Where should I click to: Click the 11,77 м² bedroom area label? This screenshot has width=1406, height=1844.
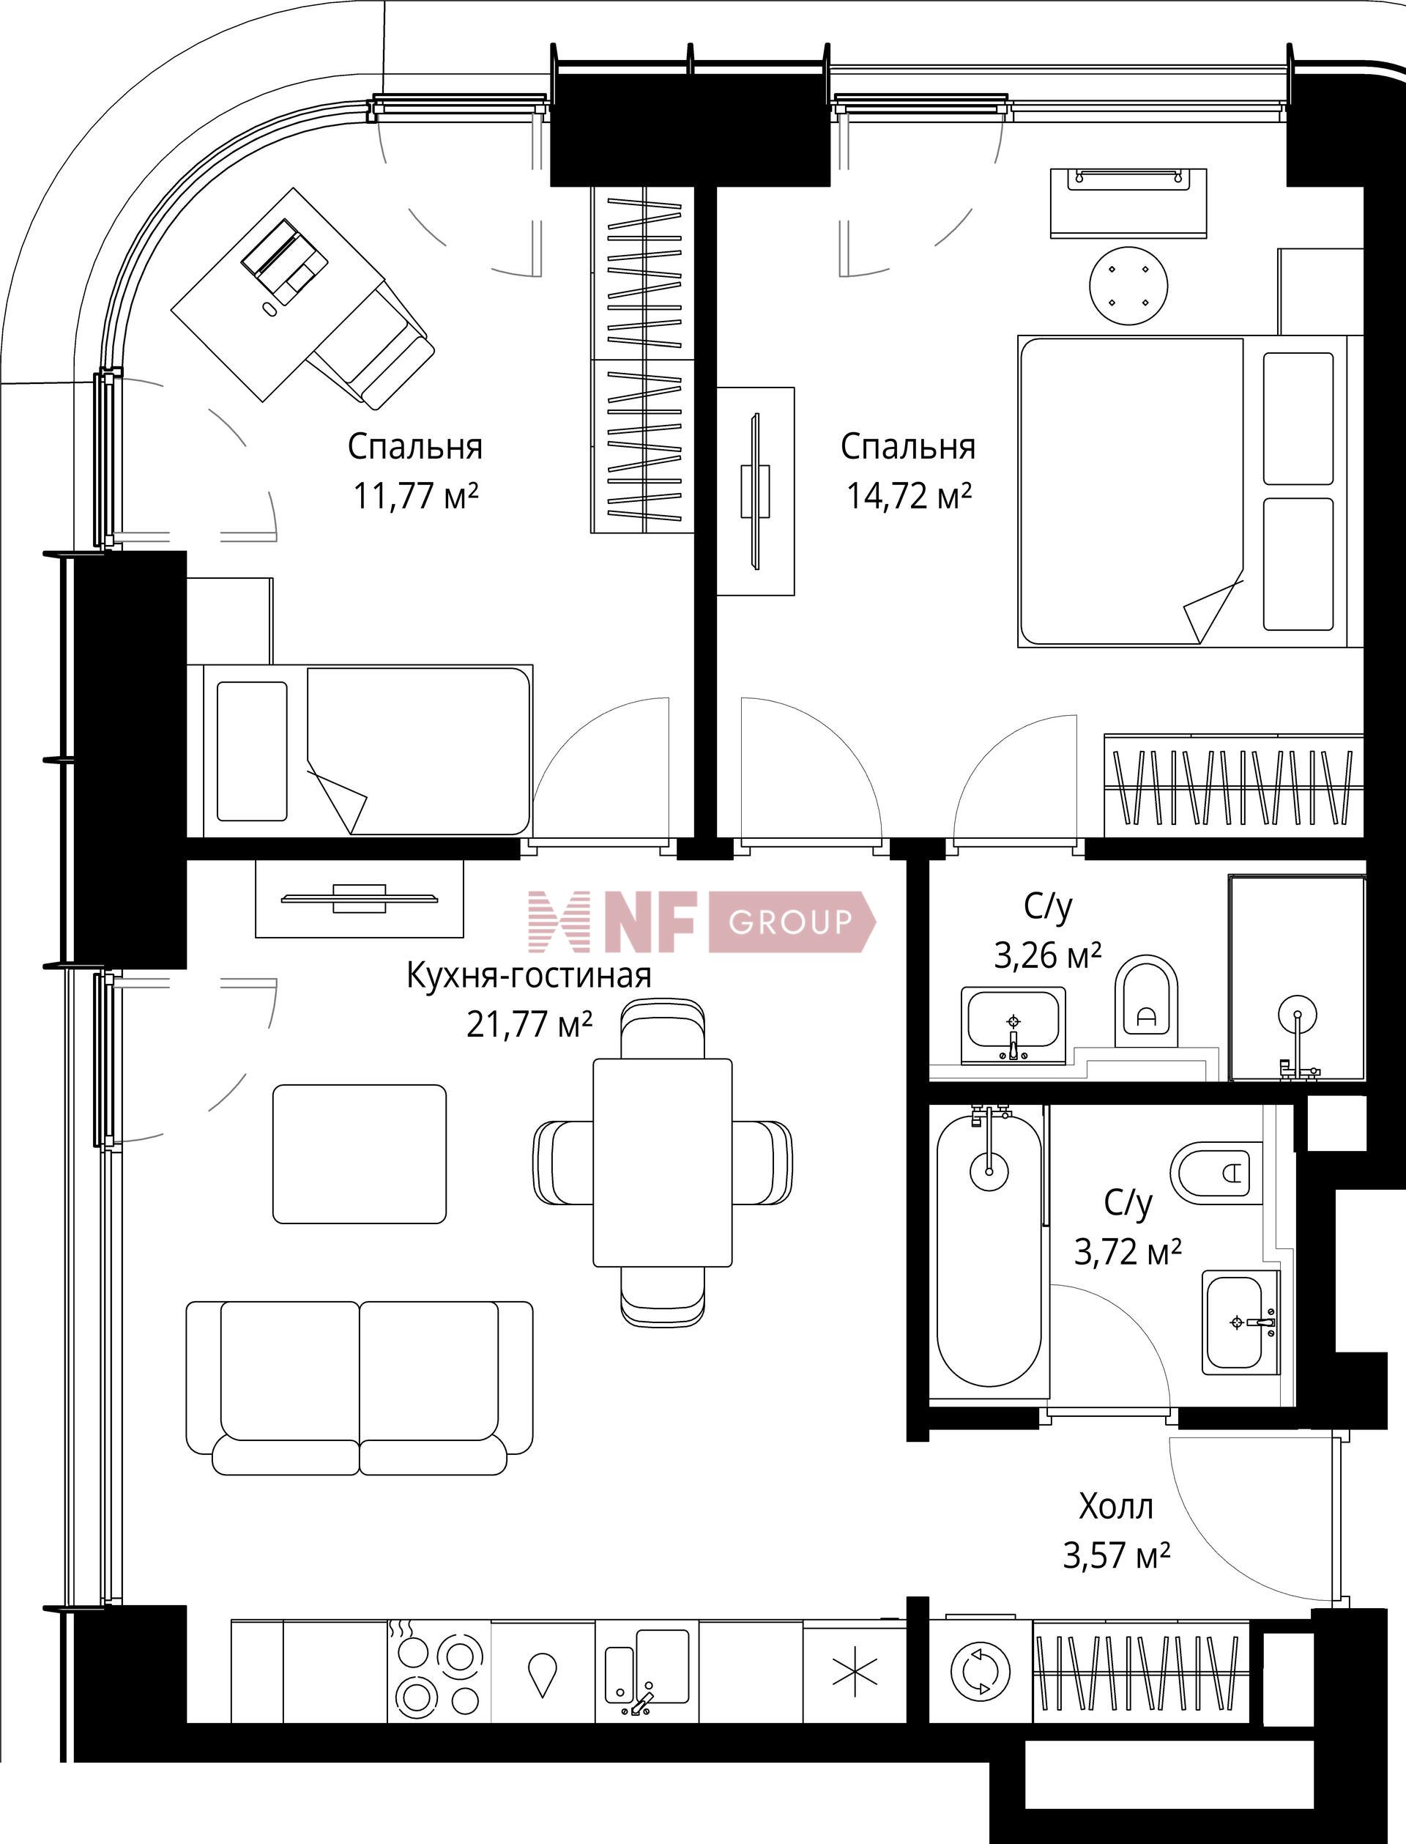415,497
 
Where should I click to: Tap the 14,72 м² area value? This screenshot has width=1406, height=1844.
908,497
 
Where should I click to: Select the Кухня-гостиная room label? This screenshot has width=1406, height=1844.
529,976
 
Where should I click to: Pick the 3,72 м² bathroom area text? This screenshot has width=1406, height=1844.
1127,1252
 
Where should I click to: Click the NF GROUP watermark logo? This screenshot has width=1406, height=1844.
702,922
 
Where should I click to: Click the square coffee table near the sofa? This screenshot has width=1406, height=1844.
359,1153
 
